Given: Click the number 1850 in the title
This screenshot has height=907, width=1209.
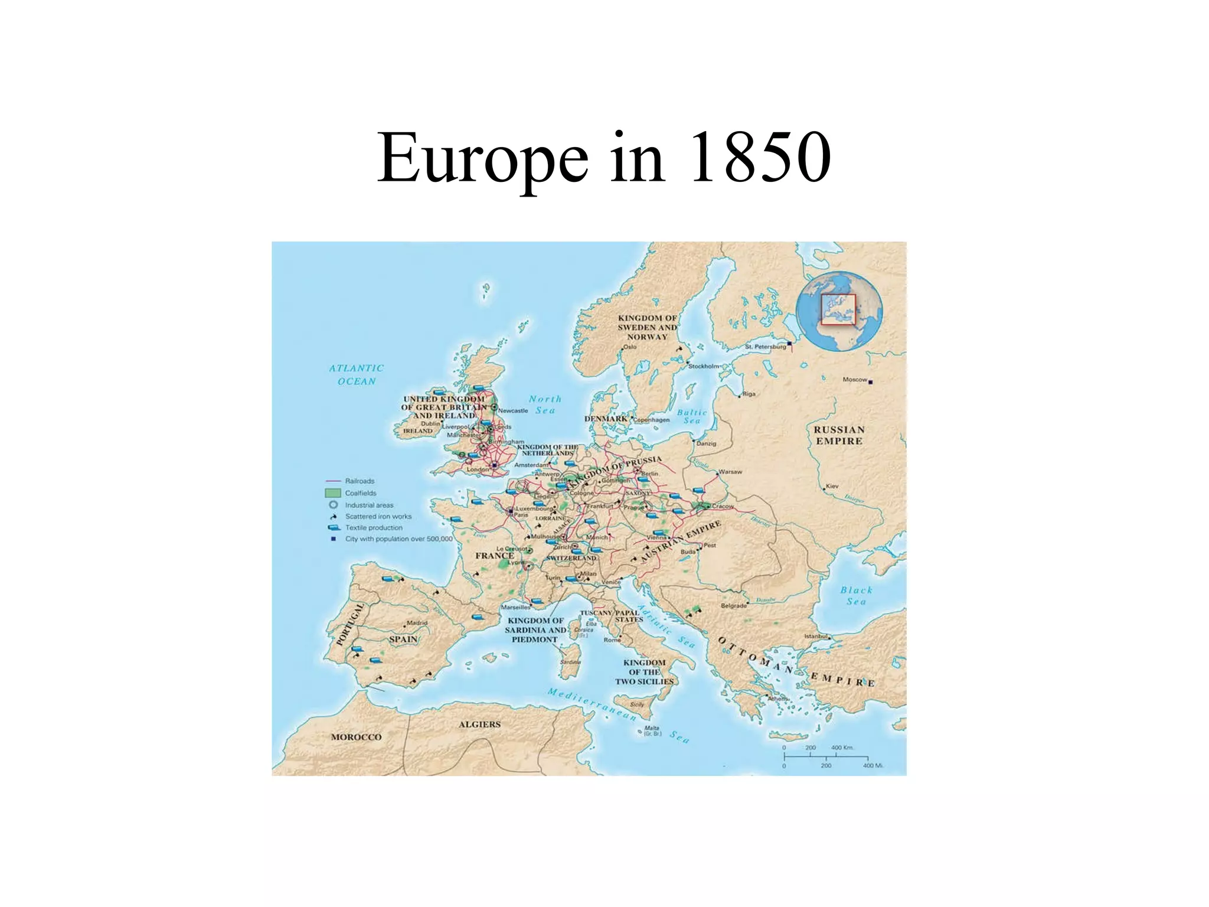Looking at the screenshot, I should click(760, 158).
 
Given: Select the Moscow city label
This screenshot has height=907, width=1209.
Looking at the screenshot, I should click(854, 380).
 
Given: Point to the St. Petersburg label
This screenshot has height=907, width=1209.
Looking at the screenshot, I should click(765, 347).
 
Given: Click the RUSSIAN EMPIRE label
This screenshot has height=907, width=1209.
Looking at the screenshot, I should click(839, 435).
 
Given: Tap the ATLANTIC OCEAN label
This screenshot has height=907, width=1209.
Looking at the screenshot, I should click(356, 374).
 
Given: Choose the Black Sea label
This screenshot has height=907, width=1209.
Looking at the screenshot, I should click(856, 595).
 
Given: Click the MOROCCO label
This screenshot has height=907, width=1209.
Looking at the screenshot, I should click(356, 737).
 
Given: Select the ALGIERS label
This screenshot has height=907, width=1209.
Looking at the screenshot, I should click(479, 724).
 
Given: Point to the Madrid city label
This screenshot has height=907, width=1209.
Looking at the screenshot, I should click(417, 623).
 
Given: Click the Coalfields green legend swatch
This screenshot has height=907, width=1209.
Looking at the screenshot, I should click(333, 493).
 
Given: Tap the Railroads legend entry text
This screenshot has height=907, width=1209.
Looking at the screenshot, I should click(360, 481).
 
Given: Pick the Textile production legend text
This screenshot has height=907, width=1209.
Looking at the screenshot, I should click(374, 528).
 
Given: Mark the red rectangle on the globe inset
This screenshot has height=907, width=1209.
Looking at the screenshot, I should click(838, 309).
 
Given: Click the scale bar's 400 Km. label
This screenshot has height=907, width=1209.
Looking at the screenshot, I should click(842, 748).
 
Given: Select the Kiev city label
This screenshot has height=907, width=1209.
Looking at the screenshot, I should click(832, 487).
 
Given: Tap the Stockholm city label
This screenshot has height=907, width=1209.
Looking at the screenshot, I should click(704, 366).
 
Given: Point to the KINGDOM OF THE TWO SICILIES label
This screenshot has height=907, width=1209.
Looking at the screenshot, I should click(644, 672).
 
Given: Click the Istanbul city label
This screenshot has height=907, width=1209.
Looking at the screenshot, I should click(816, 637).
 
